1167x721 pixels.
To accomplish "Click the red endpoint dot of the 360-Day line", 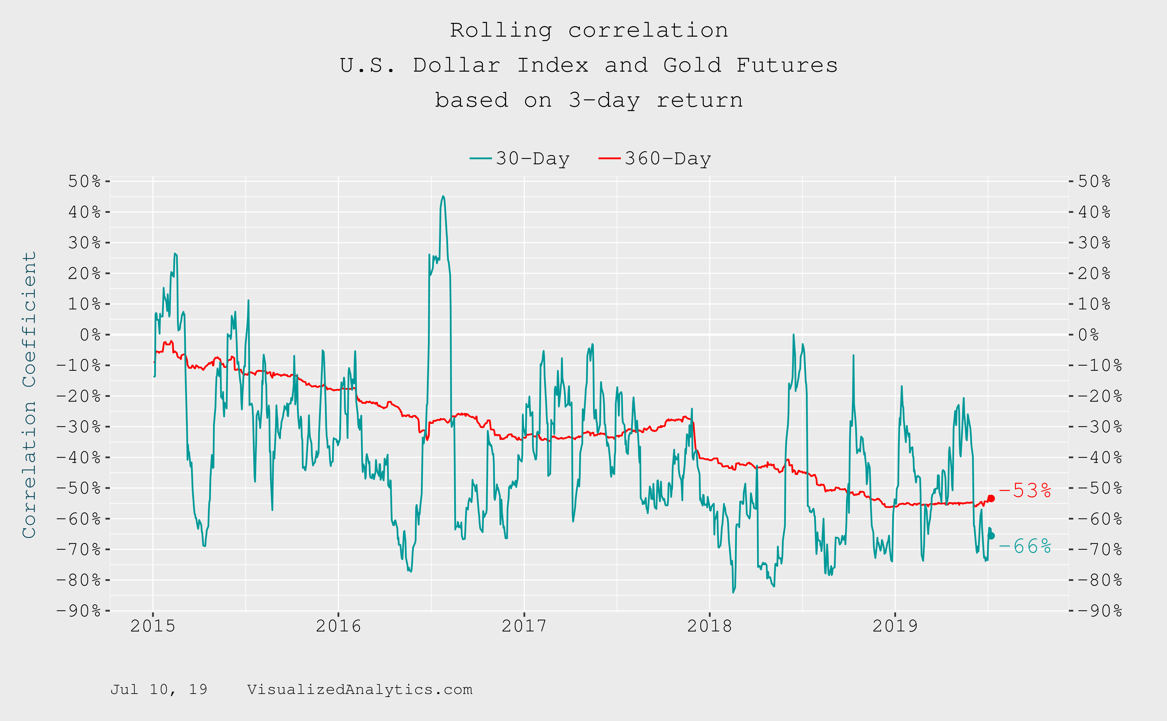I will [x=991, y=498].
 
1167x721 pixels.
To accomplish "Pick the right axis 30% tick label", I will [x=1094, y=243].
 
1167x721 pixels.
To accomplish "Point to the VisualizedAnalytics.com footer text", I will [x=360, y=689].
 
